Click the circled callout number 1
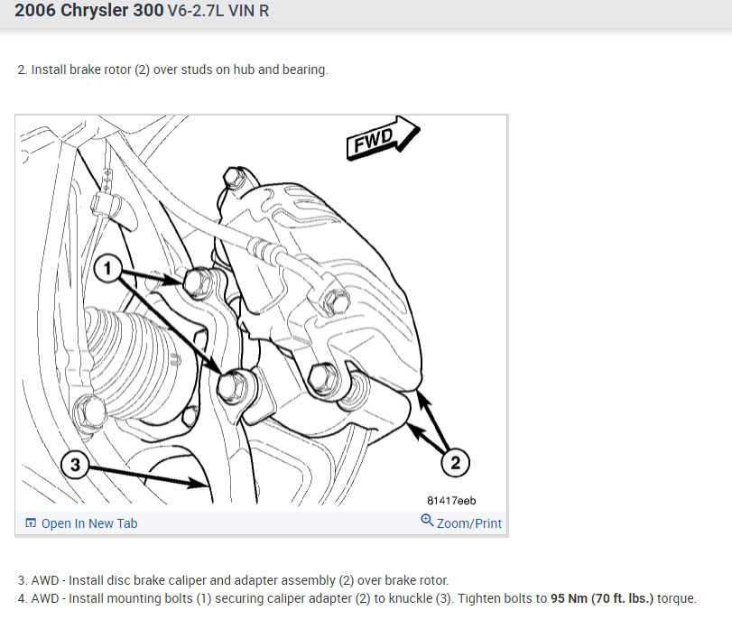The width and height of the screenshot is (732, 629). (107, 268)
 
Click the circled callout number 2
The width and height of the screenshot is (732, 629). (455, 462)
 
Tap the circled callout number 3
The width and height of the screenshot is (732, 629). (75, 464)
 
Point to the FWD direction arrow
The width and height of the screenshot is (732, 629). (383, 138)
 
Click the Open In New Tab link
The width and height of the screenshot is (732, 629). (89, 523)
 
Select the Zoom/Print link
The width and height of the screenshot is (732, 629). (469, 523)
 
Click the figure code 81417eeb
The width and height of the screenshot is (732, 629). (451, 501)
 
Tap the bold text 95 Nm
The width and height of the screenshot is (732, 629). (569, 598)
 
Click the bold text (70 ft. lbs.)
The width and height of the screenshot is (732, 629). (622, 598)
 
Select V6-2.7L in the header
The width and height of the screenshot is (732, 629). (196, 11)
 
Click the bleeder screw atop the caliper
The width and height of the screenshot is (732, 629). (233, 177)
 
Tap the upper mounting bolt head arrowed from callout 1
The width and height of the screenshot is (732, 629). (198, 282)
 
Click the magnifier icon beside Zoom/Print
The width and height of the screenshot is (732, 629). (427, 521)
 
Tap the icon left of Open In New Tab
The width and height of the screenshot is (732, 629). (31, 523)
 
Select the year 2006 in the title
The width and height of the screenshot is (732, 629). (35, 10)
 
